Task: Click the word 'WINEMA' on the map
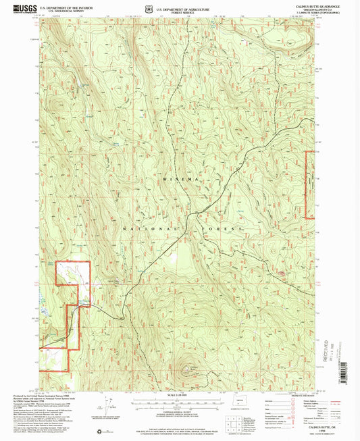point(178,180)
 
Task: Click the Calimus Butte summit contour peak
point(186,371)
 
